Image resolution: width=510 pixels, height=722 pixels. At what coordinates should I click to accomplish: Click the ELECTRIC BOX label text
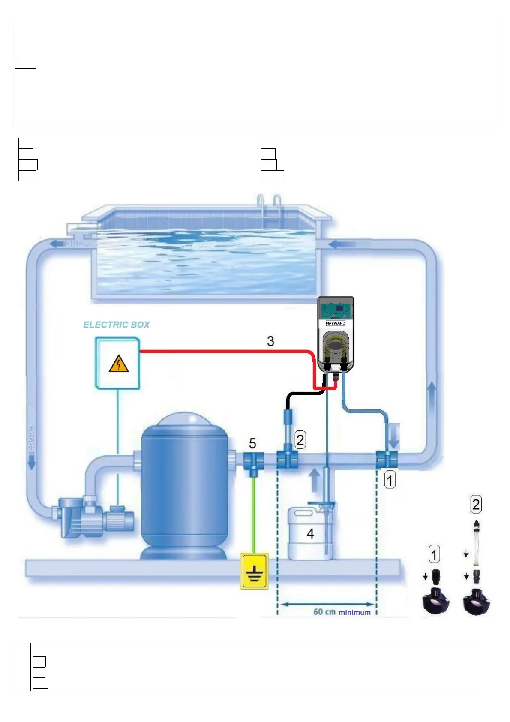pos(117,325)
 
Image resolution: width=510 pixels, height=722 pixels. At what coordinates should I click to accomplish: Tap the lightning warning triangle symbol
pos(119,364)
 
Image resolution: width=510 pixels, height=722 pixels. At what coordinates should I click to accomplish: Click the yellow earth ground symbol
pos(255,572)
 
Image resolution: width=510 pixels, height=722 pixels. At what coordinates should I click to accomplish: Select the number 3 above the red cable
pos(270,341)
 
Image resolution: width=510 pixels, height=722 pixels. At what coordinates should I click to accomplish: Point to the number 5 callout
pos(252,443)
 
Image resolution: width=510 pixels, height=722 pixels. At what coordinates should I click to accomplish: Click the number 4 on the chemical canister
pos(310,534)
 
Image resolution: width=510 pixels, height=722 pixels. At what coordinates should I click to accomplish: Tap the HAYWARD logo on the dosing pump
pos(336,323)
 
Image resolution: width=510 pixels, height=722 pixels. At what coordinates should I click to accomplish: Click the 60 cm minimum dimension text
pos(342,612)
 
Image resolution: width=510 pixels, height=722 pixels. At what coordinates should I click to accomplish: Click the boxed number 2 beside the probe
pos(300,440)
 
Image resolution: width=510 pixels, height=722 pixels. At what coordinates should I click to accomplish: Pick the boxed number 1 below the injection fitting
pos(390,480)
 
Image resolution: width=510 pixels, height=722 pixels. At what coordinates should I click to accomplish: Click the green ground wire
pos(254,514)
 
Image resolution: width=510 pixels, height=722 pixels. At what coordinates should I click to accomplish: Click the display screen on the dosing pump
pos(340,308)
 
